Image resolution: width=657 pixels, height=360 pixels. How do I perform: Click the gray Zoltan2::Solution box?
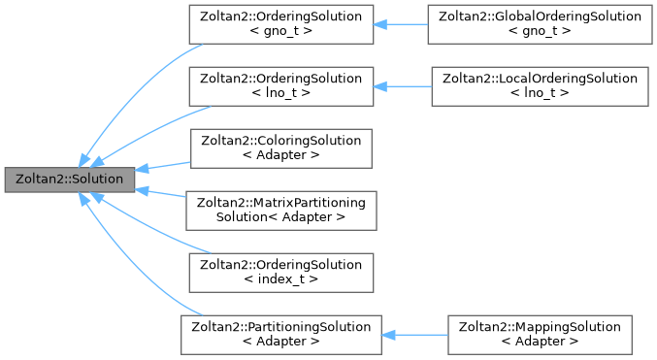coord(70,180)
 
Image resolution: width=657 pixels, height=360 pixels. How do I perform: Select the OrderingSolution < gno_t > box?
coord(280,24)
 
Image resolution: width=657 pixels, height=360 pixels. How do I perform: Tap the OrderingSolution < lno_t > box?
coord(280,86)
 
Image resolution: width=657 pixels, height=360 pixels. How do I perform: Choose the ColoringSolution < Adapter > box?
coord(280,147)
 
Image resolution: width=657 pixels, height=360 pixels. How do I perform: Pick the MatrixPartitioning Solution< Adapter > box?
coord(280,210)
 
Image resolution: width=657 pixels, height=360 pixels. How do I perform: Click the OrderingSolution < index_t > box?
coord(280,272)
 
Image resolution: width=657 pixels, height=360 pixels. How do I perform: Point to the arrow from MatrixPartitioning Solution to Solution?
coord(160,193)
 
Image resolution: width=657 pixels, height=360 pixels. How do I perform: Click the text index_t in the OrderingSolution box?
coord(280,279)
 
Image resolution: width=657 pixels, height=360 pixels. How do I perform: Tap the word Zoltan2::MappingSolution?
coord(540,326)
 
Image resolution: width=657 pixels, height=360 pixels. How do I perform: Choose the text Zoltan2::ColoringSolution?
coord(280,141)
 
